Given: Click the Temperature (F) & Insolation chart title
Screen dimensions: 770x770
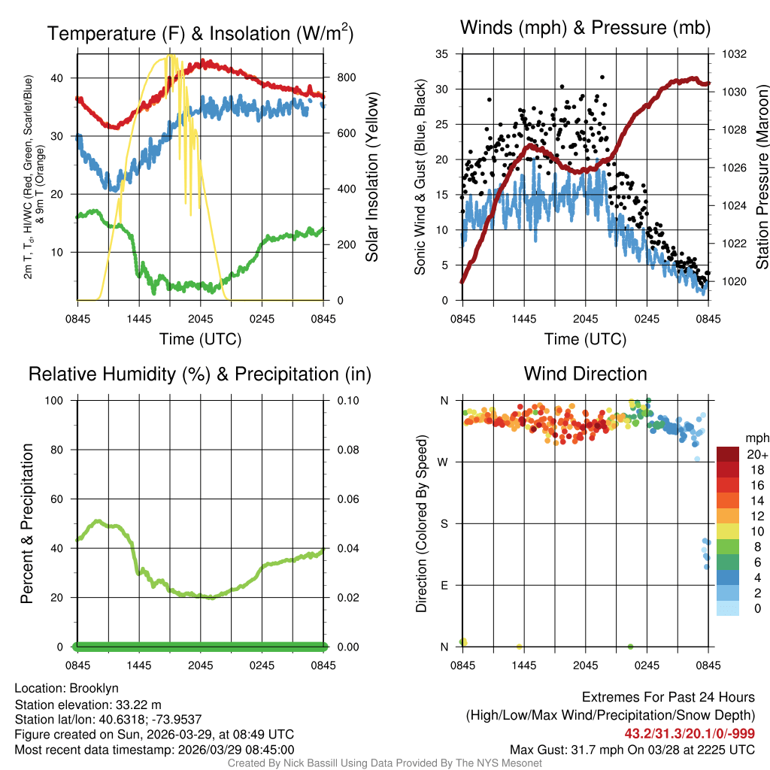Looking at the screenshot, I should pyautogui.click(x=200, y=33).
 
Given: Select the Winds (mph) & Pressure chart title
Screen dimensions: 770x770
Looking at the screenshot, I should pyautogui.click(x=585, y=28).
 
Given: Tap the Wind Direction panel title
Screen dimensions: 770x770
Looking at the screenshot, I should pyautogui.click(x=585, y=374).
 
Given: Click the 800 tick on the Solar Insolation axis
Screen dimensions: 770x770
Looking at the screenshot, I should pyautogui.click(x=336, y=77).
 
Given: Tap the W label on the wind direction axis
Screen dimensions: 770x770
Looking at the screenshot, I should pyautogui.click(x=444, y=462).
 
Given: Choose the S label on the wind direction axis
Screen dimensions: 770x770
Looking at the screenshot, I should pyautogui.click(x=445, y=523).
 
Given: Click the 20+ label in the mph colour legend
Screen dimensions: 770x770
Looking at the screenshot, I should pyautogui.click(x=756, y=455).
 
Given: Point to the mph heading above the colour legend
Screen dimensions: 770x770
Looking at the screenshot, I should pyautogui.click(x=755, y=438).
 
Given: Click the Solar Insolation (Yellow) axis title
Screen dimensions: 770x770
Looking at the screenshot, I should pyautogui.click(x=372, y=177).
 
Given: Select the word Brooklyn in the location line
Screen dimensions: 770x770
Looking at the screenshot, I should pyautogui.click(x=94, y=688).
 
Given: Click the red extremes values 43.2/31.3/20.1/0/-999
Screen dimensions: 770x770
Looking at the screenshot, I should pyautogui.click(x=690, y=733).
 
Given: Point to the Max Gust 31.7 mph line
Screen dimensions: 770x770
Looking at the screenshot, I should pyautogui.click(x=632, y=749).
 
